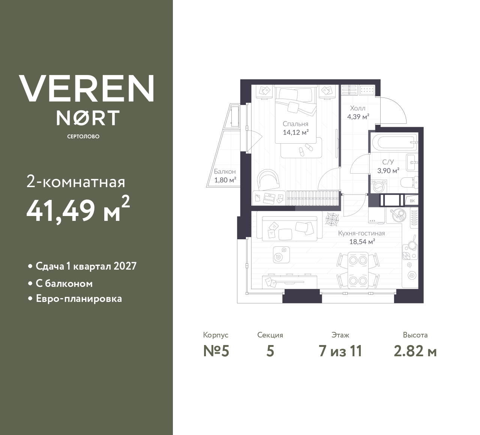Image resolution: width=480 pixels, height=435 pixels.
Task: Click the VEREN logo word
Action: (x=86, y=88)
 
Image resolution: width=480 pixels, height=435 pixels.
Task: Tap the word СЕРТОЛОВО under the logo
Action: (x=83, y=136)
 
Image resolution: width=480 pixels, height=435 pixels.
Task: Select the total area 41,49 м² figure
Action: (x=78, y=210)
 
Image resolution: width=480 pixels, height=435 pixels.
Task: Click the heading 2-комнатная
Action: (x=76, y=182)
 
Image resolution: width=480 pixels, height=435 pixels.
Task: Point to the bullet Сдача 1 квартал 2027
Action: (x=86, y=266)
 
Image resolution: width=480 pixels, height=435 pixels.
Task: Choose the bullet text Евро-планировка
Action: (x=79, y=299)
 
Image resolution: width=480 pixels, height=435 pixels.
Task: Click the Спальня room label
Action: (x=295, y=124)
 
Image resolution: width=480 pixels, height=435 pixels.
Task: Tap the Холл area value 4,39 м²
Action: (x=358, y=117)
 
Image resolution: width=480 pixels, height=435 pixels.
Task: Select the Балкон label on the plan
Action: (x=225, y=172)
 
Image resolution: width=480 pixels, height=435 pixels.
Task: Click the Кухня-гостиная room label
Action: (x=361, y=233)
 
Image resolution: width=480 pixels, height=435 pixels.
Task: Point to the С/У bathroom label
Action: (x=388, y=162)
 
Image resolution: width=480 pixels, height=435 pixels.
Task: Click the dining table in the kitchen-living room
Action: (x=358, y=270)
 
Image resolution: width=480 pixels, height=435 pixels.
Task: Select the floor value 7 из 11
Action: (x=340, y=351)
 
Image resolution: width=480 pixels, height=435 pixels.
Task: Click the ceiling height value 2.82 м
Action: (x=415, y=351)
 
